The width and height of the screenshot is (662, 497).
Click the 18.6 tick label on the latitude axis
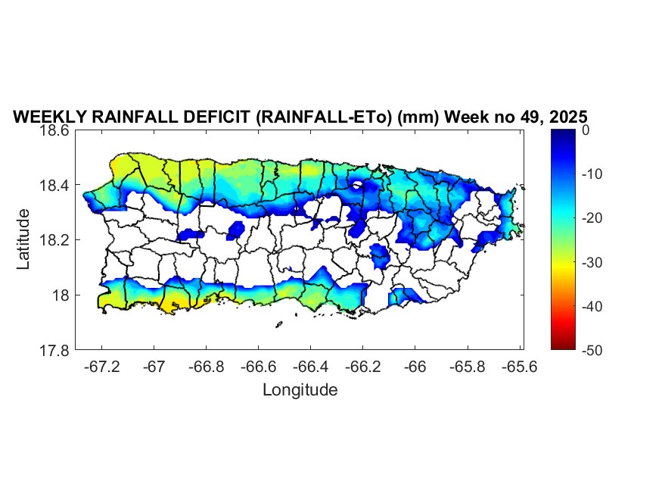(x=57, y=130)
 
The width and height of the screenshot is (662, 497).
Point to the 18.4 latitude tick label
(x=57, y=186)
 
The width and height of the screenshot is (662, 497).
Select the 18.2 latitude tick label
(x=57, y=240)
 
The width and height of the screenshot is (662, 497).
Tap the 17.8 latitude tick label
(x=57, y=350)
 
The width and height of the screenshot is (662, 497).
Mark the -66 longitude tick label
(x=415, y=366)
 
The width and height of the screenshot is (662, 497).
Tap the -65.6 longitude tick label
(x=519, y=366)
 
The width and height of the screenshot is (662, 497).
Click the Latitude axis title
(x=24, y=239)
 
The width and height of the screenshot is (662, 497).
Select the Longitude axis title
(x=300, y=390)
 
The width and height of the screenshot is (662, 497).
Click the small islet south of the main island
(x=278, y=326)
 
